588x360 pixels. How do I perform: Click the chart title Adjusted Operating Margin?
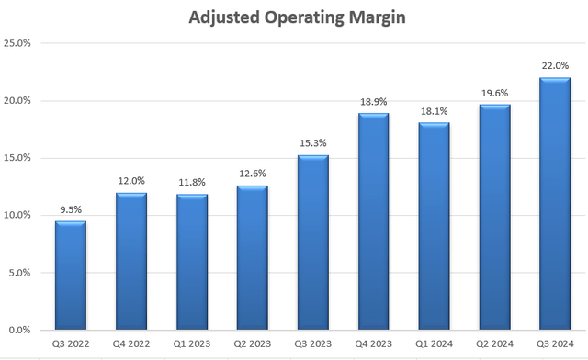(294, 17)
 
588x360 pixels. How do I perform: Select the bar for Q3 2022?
(71, 276)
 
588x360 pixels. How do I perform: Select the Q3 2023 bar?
(313, 242)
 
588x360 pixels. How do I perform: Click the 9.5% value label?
(71, 210)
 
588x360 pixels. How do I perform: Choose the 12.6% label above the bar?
(253, 174)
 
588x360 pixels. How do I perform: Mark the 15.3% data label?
(313, 144)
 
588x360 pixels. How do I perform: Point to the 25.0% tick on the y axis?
(18, 43)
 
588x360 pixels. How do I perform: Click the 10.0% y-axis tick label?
(18, 215)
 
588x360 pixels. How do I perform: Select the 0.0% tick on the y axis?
(20, 330)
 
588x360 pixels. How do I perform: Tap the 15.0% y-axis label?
(18, 158)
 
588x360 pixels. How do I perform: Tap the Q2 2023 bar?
(253, 258)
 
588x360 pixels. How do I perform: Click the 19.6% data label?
(494, 94)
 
